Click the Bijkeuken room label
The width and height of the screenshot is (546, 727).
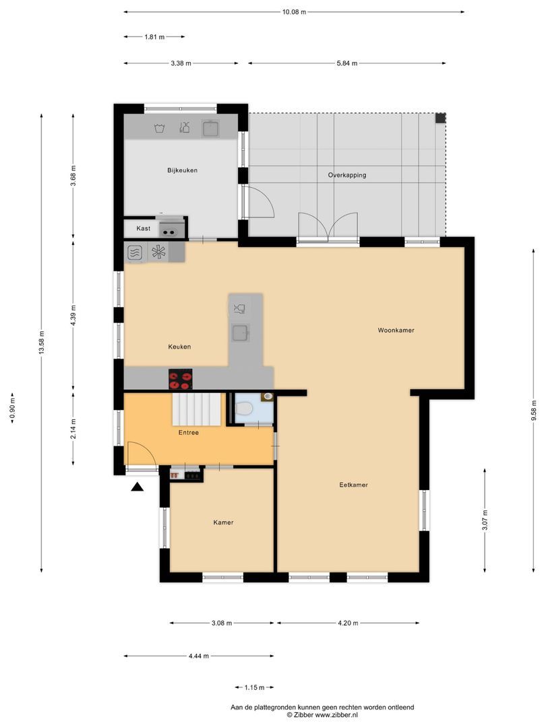(182, 170)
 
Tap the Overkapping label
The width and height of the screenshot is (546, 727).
(346, 175)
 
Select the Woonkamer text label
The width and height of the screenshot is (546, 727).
(396, 331)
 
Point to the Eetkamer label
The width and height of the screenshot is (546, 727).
(353, 485)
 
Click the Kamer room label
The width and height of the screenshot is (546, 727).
(223, 522)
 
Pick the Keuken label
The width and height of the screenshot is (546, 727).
(179, 347)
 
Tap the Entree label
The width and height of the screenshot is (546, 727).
(189, 433)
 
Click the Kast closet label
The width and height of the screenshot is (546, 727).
(143, 229)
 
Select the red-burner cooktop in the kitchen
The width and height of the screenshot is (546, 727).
(181, 380)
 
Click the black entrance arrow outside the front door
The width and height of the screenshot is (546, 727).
(138, 487)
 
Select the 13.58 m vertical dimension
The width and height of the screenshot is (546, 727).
(42, 343)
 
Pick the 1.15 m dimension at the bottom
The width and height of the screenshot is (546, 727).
(254, 687)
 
